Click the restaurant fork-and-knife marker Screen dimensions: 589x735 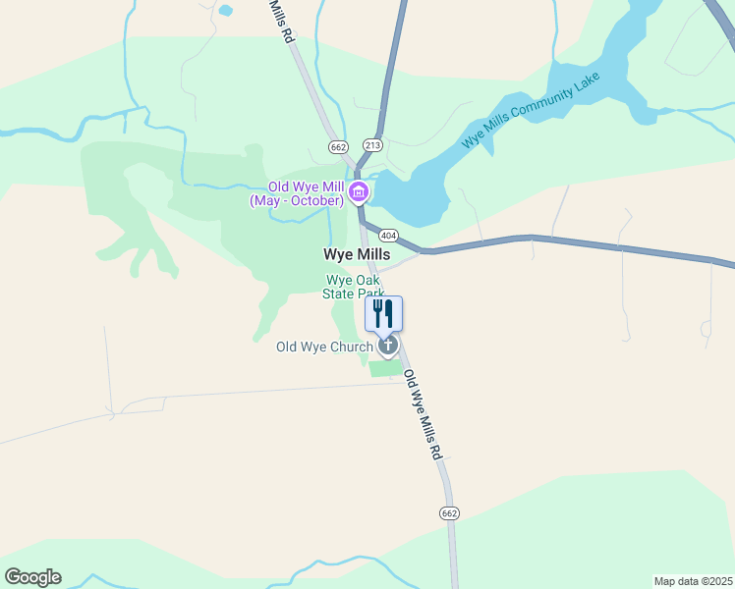[x=384, y=313]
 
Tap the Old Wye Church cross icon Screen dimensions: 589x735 [x=388, y=345]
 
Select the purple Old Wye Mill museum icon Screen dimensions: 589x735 [x=359, y=190]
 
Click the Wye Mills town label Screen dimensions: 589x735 [x=357, y=253]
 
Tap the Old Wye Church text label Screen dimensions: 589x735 [x=324, y=347]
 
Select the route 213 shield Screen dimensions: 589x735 [x=371, y=145]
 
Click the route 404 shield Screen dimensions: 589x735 [x=387, y=236]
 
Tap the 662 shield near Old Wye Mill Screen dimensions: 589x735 [x=339, y=147]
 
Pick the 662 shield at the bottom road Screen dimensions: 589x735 [x=449, y=513]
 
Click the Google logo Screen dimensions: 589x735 [x=32, y=577]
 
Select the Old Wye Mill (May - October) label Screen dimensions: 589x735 [x=296, y=194]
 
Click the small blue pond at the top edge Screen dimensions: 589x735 [x=226, y=11]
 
